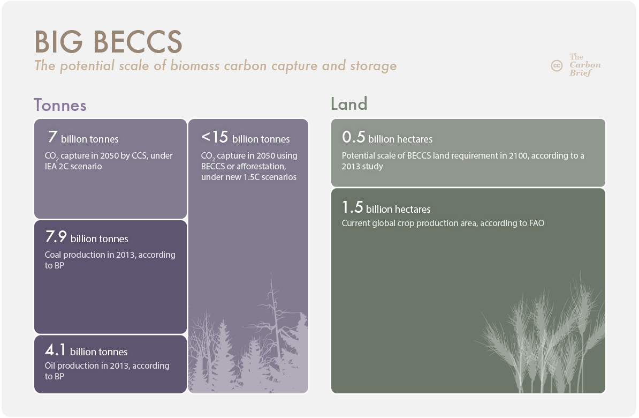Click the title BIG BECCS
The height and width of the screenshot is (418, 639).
[x=108, y=42]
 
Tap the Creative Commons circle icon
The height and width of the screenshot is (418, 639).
[x=557, y=65]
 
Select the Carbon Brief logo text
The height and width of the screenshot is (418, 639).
[x=585, y=64]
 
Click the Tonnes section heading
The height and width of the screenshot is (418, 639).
[x=60, y=105]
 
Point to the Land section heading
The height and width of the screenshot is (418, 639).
[x=349, y=103]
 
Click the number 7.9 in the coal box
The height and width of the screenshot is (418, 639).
[x=56, y=236]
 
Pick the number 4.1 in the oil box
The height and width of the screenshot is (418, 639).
[x=55, y=350]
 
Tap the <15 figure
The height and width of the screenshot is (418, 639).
[x=215, y=137]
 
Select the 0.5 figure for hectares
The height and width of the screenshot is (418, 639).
[x=353, y=137]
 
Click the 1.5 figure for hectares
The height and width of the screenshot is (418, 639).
[x=352, y=207]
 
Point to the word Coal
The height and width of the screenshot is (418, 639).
[x=52, y=255]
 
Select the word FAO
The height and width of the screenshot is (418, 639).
[x=536, y=223]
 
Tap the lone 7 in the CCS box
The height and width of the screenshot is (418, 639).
[x=52, y=137]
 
